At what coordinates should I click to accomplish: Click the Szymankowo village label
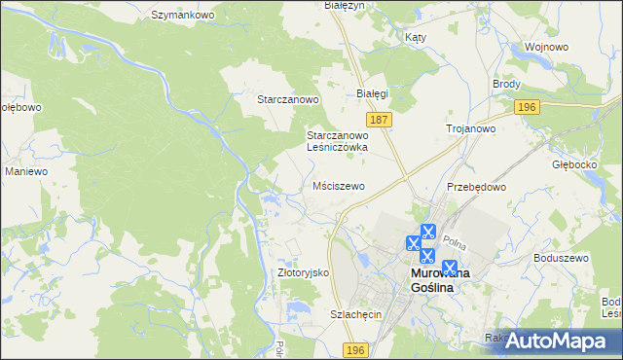point(182,16)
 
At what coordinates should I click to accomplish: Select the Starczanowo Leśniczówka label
point(337,141)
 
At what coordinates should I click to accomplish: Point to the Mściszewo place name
point(339,185)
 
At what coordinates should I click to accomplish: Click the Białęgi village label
point(373,93)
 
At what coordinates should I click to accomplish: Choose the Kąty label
point(415,37)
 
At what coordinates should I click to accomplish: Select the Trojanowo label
point(471,128)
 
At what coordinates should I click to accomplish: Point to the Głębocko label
point(573,164)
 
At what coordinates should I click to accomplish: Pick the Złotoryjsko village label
point(304,272)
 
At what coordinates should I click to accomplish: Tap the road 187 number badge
point(381,119)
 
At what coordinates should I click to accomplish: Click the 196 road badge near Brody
point(527,107)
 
